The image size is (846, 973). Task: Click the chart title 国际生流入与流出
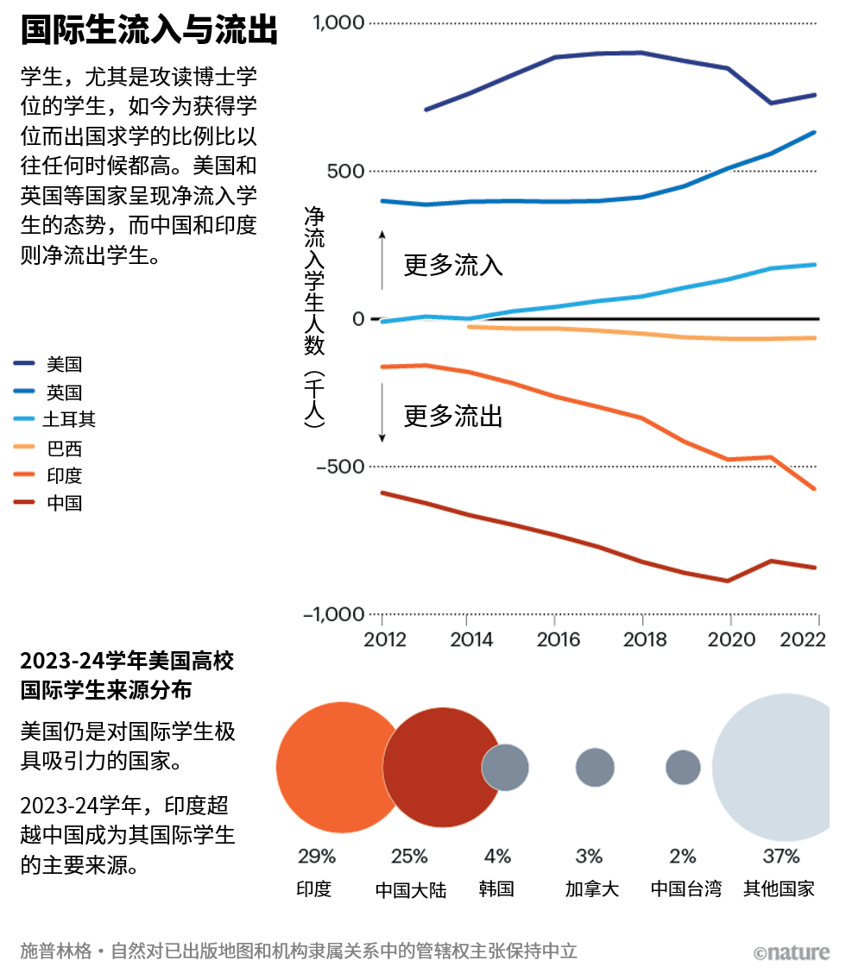click(x=148, y=30)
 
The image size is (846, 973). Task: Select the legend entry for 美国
click(x=64, y=365)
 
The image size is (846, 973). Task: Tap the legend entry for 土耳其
click(x=70, y=420)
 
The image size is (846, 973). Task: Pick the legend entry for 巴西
click(x=64, y=449)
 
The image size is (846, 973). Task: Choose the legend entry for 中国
click(x=64, y=503)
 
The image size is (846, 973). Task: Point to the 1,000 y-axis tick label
click(x=339, y=22)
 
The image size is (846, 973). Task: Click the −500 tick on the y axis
click(x=334, y=467)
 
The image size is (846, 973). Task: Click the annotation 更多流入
click(x=453, y=264)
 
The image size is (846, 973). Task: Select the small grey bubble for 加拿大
click(x=595, y=767)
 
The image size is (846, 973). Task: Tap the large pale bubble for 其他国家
click(x=777, y=767)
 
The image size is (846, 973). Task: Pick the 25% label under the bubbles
click(x=409, y=856)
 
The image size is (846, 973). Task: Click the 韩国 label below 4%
click(x=496, y=888)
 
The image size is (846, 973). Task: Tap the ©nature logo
click(x=790, y=952)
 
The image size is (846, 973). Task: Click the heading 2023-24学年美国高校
click(x=127, y=662)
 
